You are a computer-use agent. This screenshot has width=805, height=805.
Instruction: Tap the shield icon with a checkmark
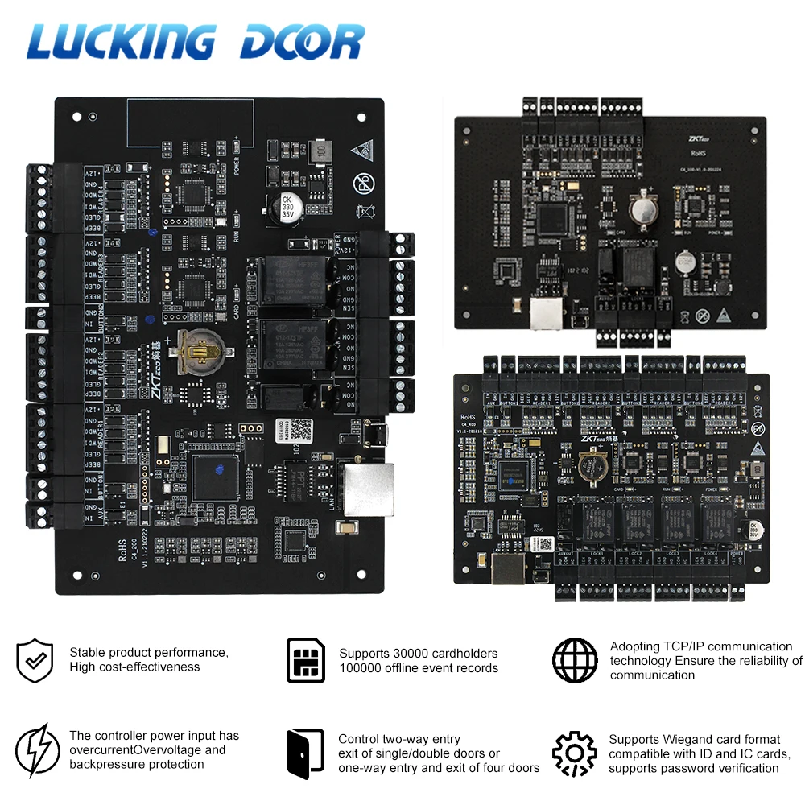tap(35, 660)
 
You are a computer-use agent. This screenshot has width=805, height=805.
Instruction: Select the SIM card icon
tap(306, 660)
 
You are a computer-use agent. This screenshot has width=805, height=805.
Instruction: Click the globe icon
tap(575, 660)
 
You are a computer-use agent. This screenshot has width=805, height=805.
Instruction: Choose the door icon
tap(306, 753)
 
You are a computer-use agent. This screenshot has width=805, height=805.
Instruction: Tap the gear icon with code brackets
tap(575, 753)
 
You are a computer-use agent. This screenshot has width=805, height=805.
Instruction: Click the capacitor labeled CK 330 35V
tap(286, 207)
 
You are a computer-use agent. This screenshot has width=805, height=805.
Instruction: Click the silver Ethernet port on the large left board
tap(367, 489)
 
